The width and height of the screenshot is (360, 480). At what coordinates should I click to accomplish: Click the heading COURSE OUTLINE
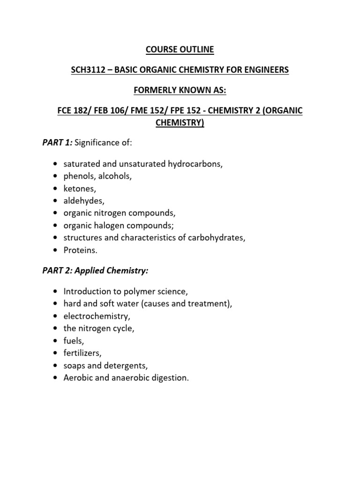(180, 49)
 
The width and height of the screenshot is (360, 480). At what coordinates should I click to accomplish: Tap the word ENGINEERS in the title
(266, 70)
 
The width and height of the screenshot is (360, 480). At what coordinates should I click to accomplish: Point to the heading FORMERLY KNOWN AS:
(180, 91)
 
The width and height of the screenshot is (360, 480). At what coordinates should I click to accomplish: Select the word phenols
(77, 176)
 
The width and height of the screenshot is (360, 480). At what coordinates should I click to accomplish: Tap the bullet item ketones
(78, 188)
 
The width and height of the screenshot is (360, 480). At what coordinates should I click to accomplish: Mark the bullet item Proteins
(80, 250)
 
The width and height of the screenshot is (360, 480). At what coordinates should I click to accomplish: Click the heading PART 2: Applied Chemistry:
(98, 271)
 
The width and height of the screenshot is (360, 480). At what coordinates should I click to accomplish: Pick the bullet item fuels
(74, 341)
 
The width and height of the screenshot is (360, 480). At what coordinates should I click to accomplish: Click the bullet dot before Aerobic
(56, 377)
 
